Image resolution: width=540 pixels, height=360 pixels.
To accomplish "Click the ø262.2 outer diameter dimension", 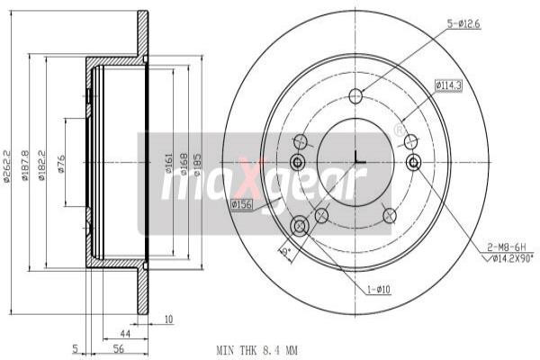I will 7,165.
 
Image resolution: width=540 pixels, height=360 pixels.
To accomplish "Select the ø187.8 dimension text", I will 26,165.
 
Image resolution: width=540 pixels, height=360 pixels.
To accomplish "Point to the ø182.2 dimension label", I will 41,165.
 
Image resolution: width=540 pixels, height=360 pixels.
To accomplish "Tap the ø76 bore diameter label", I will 61,164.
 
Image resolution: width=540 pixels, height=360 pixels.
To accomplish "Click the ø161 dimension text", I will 168,164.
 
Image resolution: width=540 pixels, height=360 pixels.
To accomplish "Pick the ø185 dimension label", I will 198,164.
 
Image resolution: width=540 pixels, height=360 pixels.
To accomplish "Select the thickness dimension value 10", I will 169,317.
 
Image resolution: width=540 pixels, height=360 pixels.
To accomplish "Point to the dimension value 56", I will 117,348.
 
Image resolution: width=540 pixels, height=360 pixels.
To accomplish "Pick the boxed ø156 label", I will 241,206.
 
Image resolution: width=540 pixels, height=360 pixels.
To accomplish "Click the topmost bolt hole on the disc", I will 355,96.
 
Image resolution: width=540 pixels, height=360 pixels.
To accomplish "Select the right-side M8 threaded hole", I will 413,162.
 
